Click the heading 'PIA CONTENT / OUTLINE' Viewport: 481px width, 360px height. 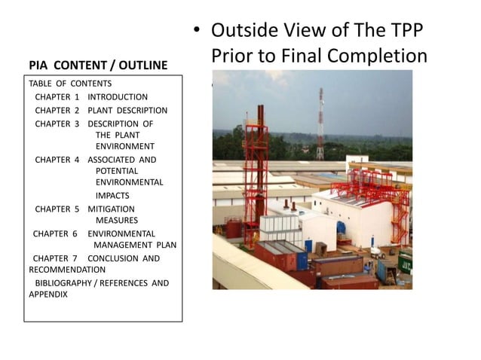pyautogui.click(x=98, y=66)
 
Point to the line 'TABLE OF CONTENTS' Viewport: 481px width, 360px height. pyautogui.click(x=70, y=84)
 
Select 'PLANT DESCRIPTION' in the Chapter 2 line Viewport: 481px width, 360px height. pyautogui.click(x=127, y=111)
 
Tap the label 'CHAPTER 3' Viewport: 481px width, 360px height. pyautogui.click(x=57, y=124)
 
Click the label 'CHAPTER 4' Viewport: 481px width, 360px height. pyautogui.click(x=57, y=160)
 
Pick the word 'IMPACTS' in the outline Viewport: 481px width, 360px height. pyautogui.click(x=112, y=195)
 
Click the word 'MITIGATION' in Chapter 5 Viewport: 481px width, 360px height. pyautogui.click(x=112, y=209)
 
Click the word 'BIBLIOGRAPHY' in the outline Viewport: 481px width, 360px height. pyautogui.click(x=66, y=283)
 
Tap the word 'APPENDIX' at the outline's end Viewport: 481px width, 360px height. pyautogui.click(x=48, y=294)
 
